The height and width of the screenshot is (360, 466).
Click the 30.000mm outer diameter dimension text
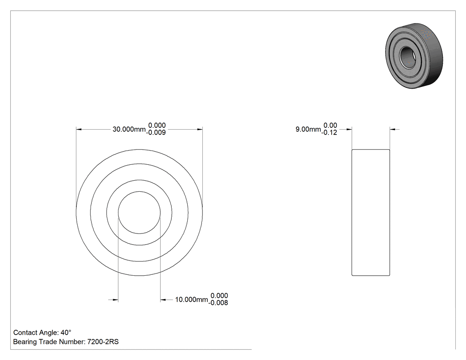pyautogui.click(x=129, y=129)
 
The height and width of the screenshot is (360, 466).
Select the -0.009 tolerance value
pyautogui.click(x=156, y=133)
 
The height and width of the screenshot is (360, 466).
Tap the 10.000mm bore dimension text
pyautogui.click(x=191, y=299)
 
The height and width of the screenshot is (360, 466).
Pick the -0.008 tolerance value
pyautogui.click(x=218, y=303)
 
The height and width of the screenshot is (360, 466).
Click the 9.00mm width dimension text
pyautogui.click(x=308, y=129)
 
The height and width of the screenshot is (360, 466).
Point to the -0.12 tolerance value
pyautogui.click(x=329, y=133)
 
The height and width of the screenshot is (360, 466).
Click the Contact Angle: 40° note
pyautogui.click(x=42, y=332)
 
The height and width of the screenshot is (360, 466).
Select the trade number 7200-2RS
pyautogui.click(x=103, y=342)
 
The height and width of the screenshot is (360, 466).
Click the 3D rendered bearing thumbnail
pyautogui.click(x=414, y=55)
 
